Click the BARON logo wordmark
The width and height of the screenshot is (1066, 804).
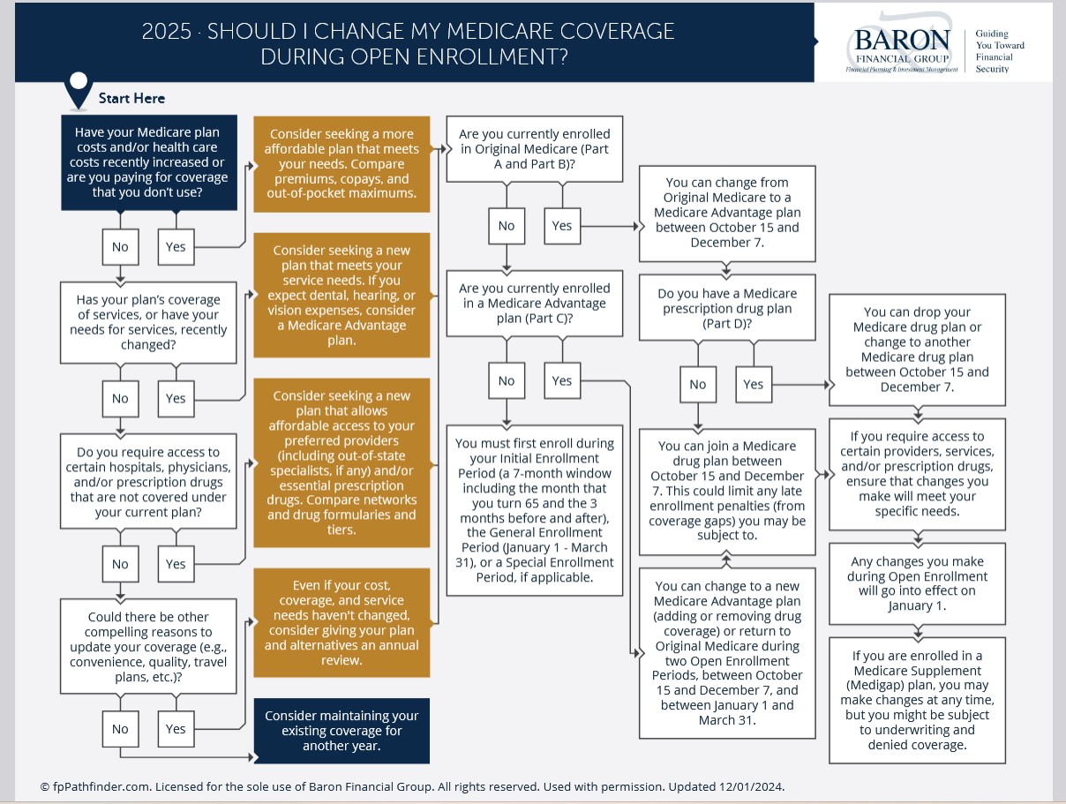click(x=902, y=40)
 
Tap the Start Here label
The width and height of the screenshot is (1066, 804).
click(x=131, y=98)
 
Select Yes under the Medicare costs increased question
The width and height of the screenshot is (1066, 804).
click(x=176, y=247)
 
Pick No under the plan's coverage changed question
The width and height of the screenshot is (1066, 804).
click(x=120, y=399)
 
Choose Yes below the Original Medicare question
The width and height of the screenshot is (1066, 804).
click(x=562, y=226)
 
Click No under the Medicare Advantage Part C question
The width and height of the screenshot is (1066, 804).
click(x=507, y=380)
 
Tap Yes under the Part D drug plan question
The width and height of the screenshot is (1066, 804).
click(x=754, y=385)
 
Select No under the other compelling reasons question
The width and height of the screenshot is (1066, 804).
click(x=120, y=729)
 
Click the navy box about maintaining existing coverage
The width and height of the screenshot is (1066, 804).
click(x=342, y=731)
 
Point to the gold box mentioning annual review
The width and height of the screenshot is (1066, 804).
click(x=342, y=622)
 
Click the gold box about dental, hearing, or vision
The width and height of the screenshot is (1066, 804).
click(x=342, y=295)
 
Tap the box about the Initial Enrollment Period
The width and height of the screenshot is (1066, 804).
click(x=534, y=510)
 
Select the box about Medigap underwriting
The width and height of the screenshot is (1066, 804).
click(x=917, y=700)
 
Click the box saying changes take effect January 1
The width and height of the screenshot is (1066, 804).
click(x=917, y=583)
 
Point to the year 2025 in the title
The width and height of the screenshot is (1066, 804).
click(x=167, y=32)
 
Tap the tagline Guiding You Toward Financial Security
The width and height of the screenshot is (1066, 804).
click(x=1000, y=51)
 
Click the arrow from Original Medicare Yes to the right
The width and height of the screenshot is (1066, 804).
click(x=610, y=226)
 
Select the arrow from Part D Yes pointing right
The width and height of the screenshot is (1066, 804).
click(x=801, y=385)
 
